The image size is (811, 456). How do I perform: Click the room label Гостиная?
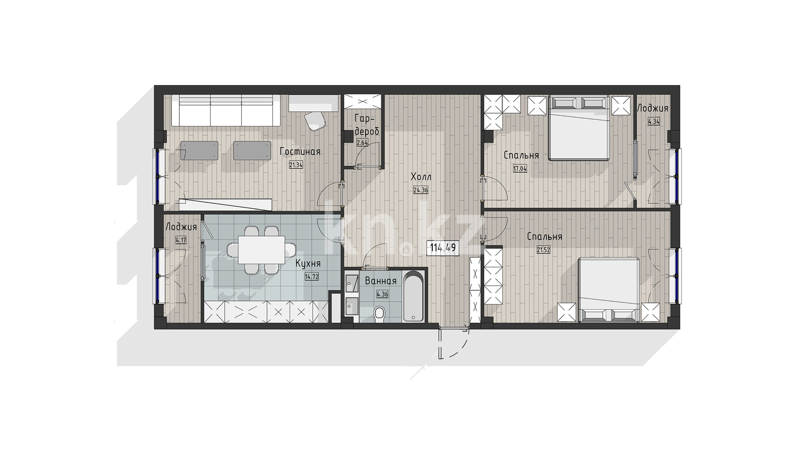pyautogui.click(x=299, y=152)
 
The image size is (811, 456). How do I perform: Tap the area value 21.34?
pyautogui.click(x=296, y=165)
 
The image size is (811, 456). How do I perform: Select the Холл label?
pyautogui.click(x=421, y=177)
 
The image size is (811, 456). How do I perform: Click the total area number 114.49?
pyautogui.click(x=443, y=248)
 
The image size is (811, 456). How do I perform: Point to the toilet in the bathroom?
pyautogui.click(x=380, y=314)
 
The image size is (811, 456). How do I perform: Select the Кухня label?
pyautogui.click(x=308, y=264)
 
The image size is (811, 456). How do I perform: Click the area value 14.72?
pyautogui.click(x=312, y=277)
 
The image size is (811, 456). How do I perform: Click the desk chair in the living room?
pyautogui.click(x=315, y=120)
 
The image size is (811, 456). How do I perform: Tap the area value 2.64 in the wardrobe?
pyautogui.click(x=362, y=143)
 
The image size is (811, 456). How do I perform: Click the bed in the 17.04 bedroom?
pyautogui.click(x=578, y=127)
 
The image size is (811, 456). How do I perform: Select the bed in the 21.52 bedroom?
pyautogui.click(x=609, y=290)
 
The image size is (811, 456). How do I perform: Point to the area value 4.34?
pyautogui.click(x=654, y=121)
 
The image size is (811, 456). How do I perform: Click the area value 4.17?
pyautogui.click(x=181, y=240)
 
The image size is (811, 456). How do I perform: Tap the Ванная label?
pyautogui.click(x=381, y=281)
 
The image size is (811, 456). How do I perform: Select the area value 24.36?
pyautogui.click(x=421, y=190)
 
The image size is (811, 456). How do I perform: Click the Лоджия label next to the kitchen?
pyautogui.click(x=181, y=227)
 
